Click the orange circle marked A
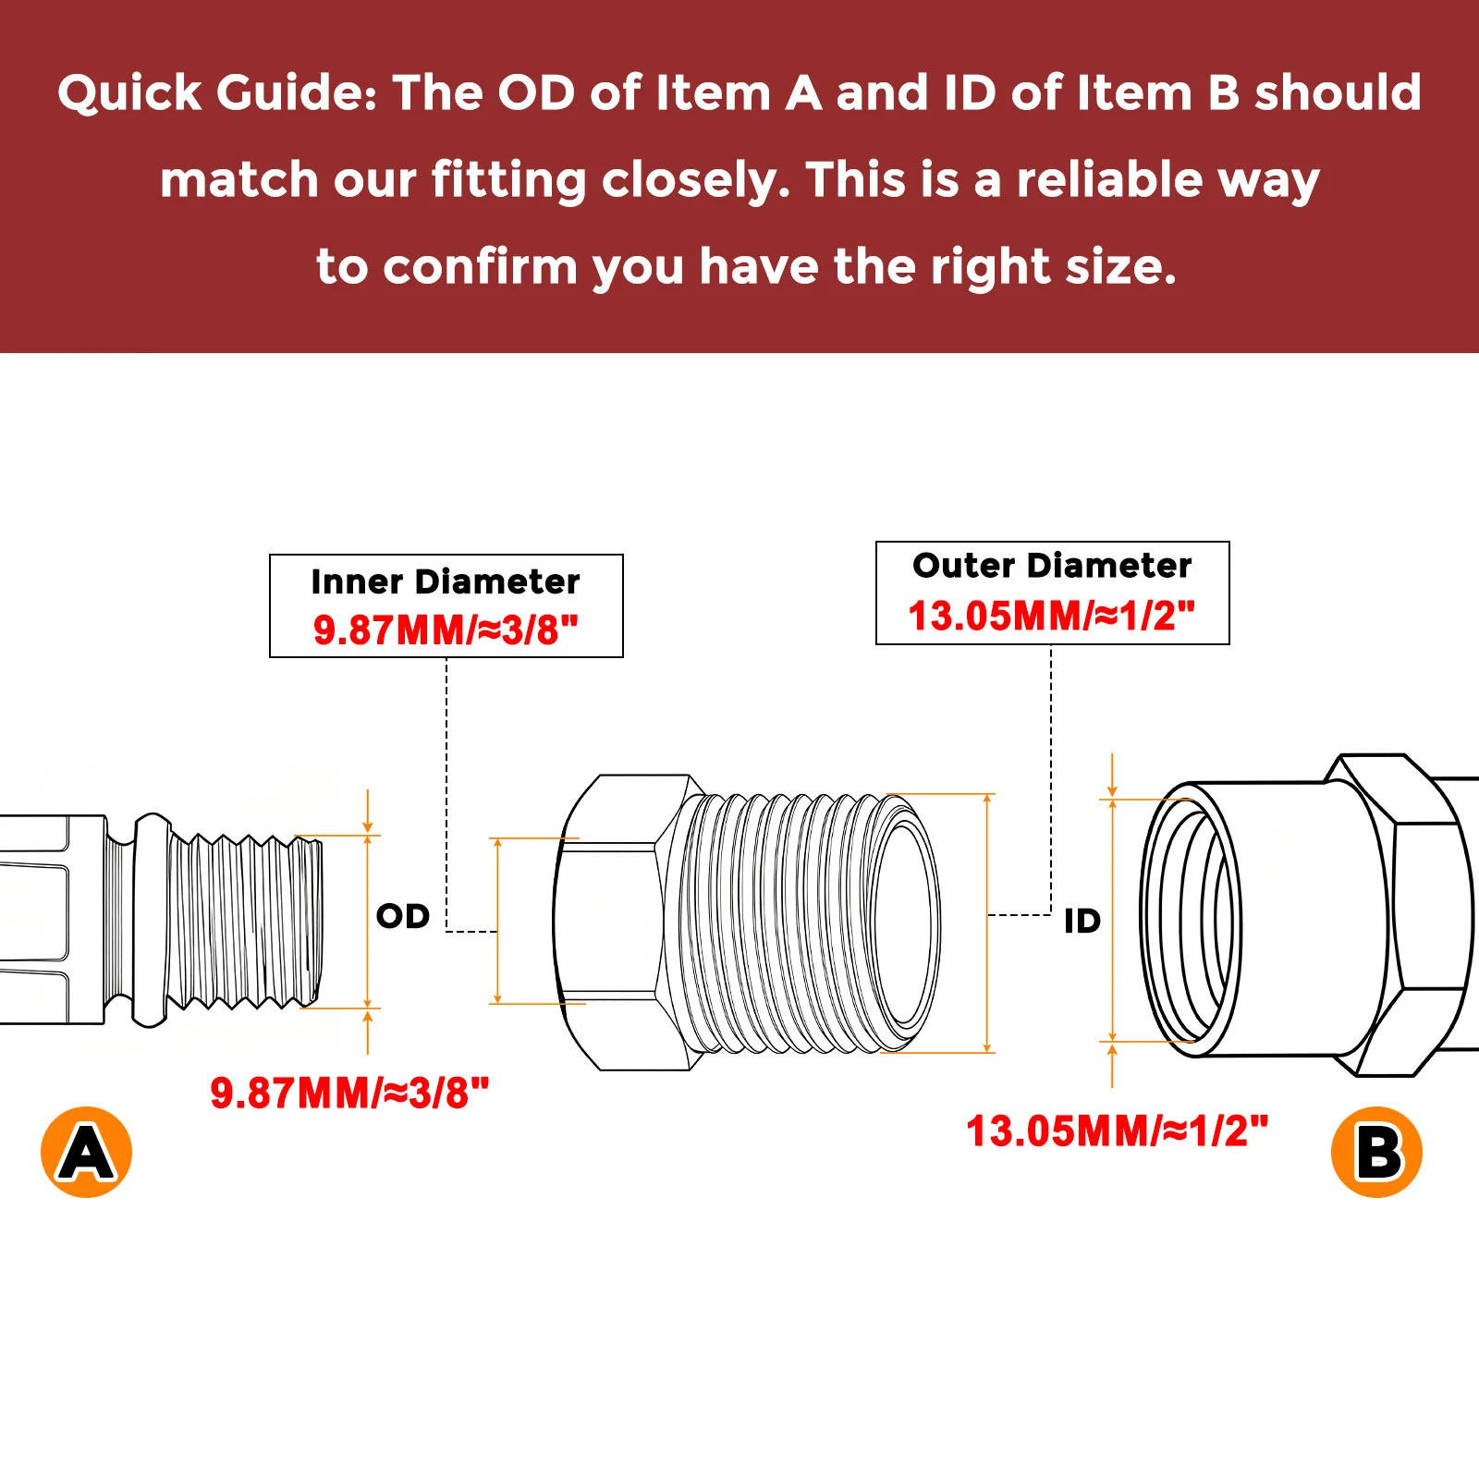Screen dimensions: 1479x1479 [x=87, y=1152]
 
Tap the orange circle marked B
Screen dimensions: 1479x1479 [x=1376, y=1152]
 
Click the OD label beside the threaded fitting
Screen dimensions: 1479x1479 [x=403, y=916]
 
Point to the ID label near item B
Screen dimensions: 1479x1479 [x=1082, y=921]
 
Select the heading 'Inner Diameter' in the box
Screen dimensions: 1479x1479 [x=446, y=581]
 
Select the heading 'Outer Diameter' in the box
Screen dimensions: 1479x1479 [x=1052, y=565]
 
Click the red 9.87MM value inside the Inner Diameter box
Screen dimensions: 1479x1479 [x=446, y=630]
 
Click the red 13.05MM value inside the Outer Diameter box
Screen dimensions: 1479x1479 [x=1052, y=616]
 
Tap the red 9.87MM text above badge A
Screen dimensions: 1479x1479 [x=349, y=1094]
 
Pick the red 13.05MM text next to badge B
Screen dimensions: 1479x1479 [x=1117, y=1131]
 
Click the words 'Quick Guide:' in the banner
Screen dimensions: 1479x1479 [x=217, y=93]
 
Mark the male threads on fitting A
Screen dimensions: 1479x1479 [x=245, y=922]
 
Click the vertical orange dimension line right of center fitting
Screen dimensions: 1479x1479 [x=987, y=923]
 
